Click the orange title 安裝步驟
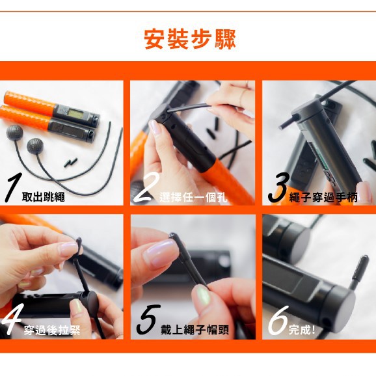[190, 39]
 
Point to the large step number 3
[278, 188]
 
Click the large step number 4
[10, 319]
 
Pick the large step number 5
[148, 319]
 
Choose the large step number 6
[278, 320]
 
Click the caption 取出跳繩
[43, 197]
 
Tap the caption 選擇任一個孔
[193, 198]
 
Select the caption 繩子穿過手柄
[323, 198]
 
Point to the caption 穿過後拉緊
[52, 330]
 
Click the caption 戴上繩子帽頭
[195, 330]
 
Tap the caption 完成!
[302, 330]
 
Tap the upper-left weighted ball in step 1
[14, 132]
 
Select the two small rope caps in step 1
[70, 163]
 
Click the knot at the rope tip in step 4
[79, 243]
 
